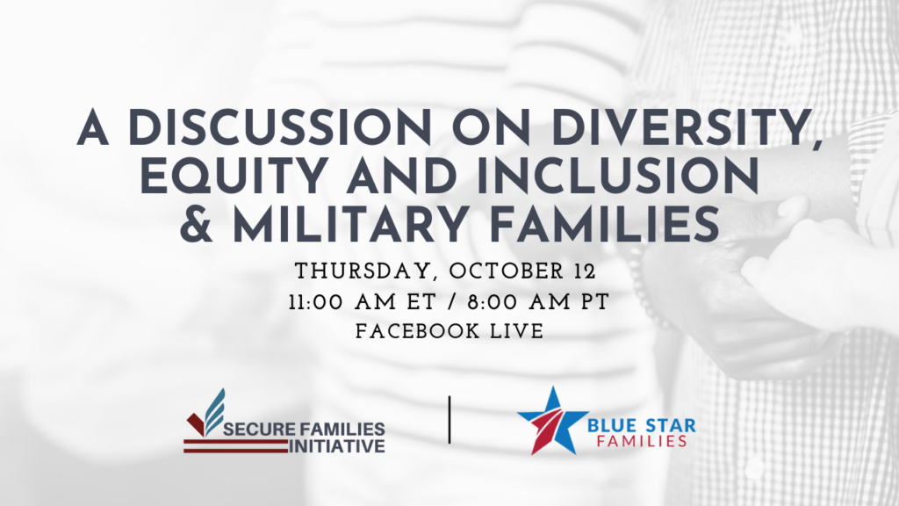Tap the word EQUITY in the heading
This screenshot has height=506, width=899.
(x=234, y=177)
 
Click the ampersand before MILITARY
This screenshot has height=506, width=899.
(x=197, y=224)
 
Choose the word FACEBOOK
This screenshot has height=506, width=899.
(x=417, y=331)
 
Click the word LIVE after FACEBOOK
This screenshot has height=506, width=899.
(x=517, y=331)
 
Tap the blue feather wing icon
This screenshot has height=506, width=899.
(x=215, y=410)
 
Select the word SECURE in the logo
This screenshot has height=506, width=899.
(x=259, y=429)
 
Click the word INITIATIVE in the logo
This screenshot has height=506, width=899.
(x=336, y=446)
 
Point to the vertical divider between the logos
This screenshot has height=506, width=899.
(x=449, y=419)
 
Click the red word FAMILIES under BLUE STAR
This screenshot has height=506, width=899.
(x=642, y=441)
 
